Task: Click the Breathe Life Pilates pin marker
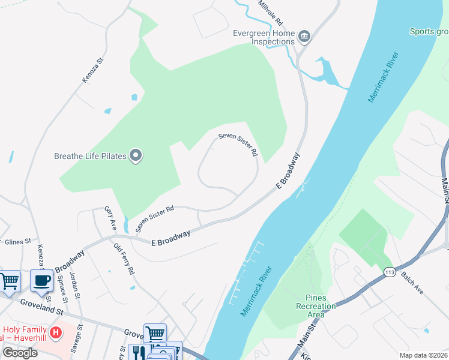(x=136, y=156)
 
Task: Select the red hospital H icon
(x=56, y=332)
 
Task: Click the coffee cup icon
(x=41, y=280)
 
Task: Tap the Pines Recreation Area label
(x=312, y=306)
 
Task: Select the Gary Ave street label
(x=110, y=215)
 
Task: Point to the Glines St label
(x=17, y=242)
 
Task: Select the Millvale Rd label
(x=271, y=12)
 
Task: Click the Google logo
(x=20, y=353)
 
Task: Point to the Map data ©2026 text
(x=423, y=355)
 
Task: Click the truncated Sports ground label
(x=429, y=31)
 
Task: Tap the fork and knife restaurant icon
(x=137, y=352)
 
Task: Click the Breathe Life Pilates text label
(x=90, y=156)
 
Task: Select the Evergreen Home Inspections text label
(x=265, y=37)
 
